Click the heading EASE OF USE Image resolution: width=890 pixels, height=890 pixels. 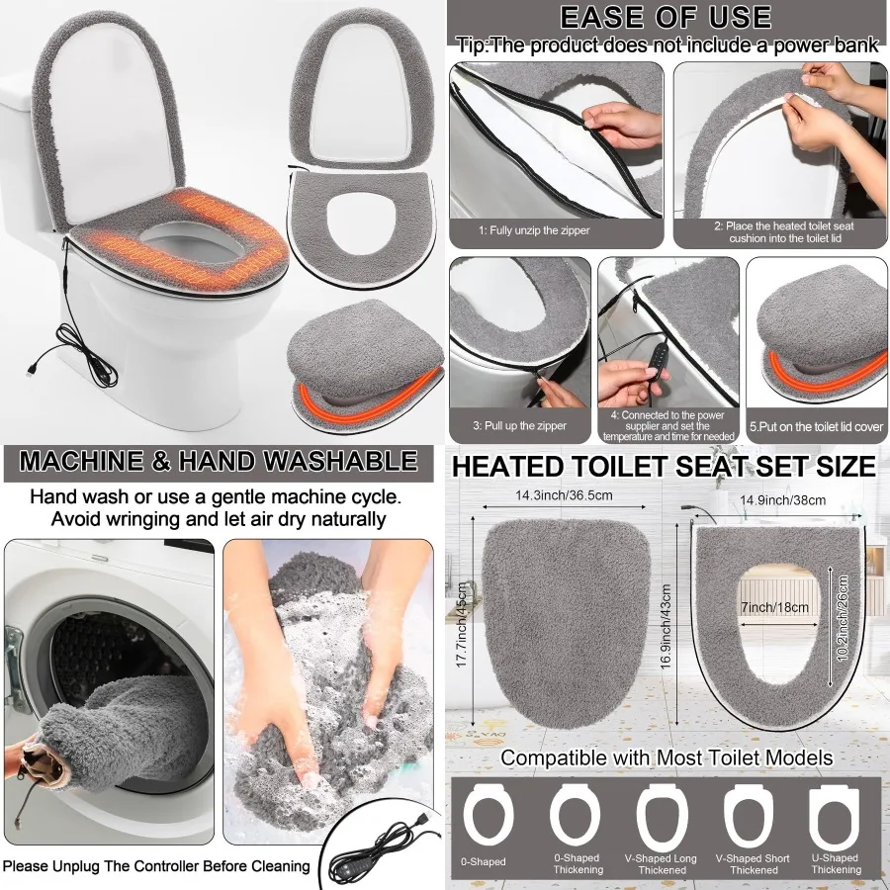666,17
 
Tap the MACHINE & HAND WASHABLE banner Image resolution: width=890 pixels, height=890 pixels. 219,461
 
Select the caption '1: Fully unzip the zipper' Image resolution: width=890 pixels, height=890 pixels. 534,230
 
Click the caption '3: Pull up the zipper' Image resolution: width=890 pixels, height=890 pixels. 519,425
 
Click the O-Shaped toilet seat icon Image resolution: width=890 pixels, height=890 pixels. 484,819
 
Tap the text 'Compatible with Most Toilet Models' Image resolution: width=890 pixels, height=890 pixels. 666,758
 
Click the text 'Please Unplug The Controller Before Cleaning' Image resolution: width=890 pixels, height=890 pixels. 156,866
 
